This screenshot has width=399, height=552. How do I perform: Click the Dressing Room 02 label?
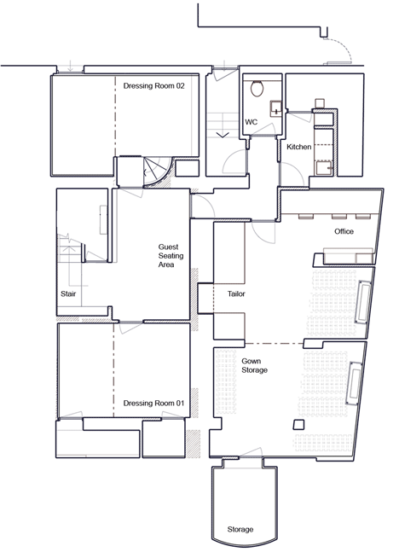pyautogui.click(x=153, y=86)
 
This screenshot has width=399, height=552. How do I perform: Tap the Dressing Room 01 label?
pyautogui.click(x=153, y=403)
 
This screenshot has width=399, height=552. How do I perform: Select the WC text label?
pyautogui.click(x=252, y=122)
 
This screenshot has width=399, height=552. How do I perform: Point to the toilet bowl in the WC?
pyautogui.click(x=257, y=88)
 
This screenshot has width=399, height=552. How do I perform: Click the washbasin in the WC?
pyautogui.click(x=276, y=108)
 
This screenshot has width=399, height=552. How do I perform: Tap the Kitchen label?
pyautogui.click(x=298, y=147)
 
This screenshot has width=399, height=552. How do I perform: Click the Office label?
pyautogui.click(x=344, y=231)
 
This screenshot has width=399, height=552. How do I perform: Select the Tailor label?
pyautogui.click(x=236, y=293)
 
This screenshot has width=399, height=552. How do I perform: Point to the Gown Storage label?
pyautogui.click(x=254, y=365)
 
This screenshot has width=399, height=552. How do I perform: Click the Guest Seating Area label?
pyautogui.click(x=171, y=256)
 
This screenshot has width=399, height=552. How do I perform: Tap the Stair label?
pyautogui.click(x=68, y=293)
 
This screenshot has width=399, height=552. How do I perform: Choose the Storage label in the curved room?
pyautogui.click(x=240, y=529)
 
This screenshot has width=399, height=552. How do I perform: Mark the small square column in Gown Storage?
pyautogui.click(x=298, y=425)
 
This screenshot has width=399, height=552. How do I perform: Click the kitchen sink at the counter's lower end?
pyautogui.click(x=324, y=168)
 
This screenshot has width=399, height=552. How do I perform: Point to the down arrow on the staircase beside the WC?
pyautogui.click(x=223, y=135)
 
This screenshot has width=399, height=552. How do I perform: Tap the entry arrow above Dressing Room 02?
pyautogui.click(x=71, y=66)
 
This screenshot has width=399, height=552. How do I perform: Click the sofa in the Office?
pyautogui.click(x=349, y=256)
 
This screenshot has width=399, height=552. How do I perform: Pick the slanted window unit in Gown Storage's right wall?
pyautogui.click(x=355, y=383)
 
